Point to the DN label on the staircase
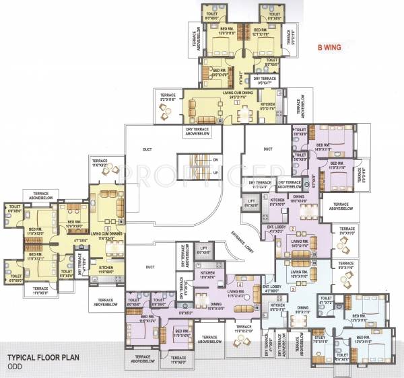(x=215, y=159)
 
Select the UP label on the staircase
(x=215, y=173)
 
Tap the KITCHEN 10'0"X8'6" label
(x=207, y=275)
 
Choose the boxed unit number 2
(x=285, y=211)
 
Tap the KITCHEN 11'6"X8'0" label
(x=106, y=270)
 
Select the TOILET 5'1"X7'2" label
(x=325, y=299)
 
